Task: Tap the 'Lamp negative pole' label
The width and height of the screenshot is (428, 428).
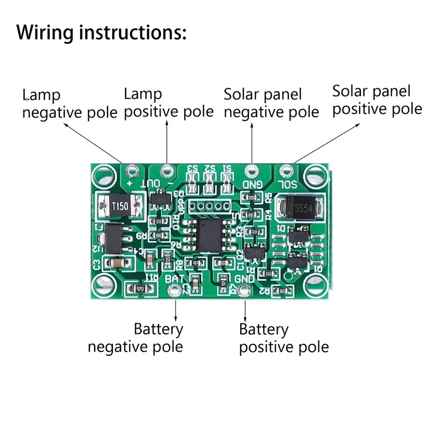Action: [70, 104]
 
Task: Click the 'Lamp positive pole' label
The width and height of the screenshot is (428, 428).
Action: [169, 103]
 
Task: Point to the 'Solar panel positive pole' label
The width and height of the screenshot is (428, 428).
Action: [377, 100]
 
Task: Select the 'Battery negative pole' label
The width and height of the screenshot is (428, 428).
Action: [136, 338]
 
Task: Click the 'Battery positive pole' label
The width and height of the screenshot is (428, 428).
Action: [284, 338]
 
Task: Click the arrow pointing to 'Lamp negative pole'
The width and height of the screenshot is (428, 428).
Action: [94, 142]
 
